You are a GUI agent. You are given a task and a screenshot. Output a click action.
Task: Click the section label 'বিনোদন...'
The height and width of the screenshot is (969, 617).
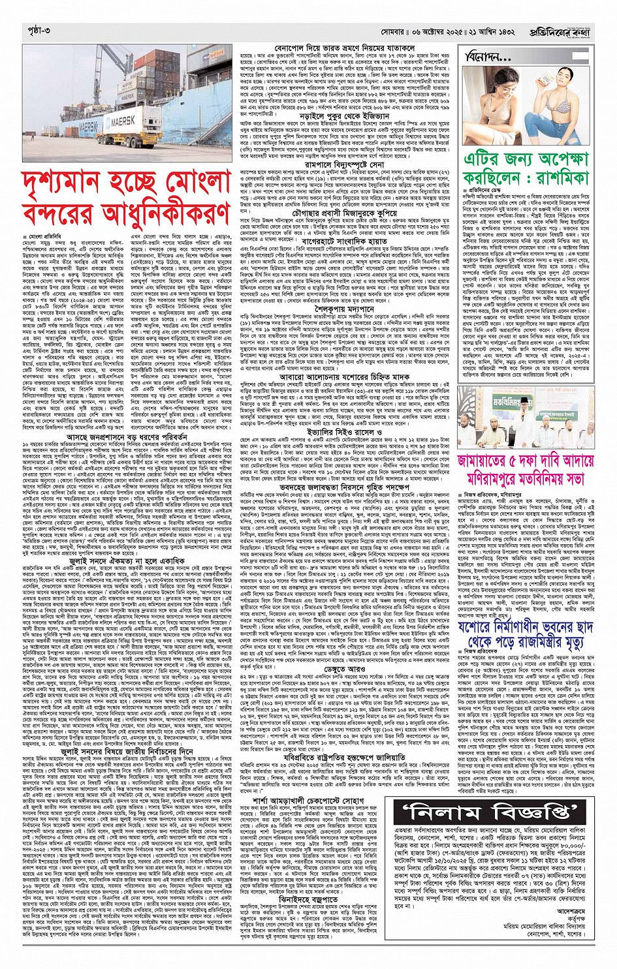(486, 58)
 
